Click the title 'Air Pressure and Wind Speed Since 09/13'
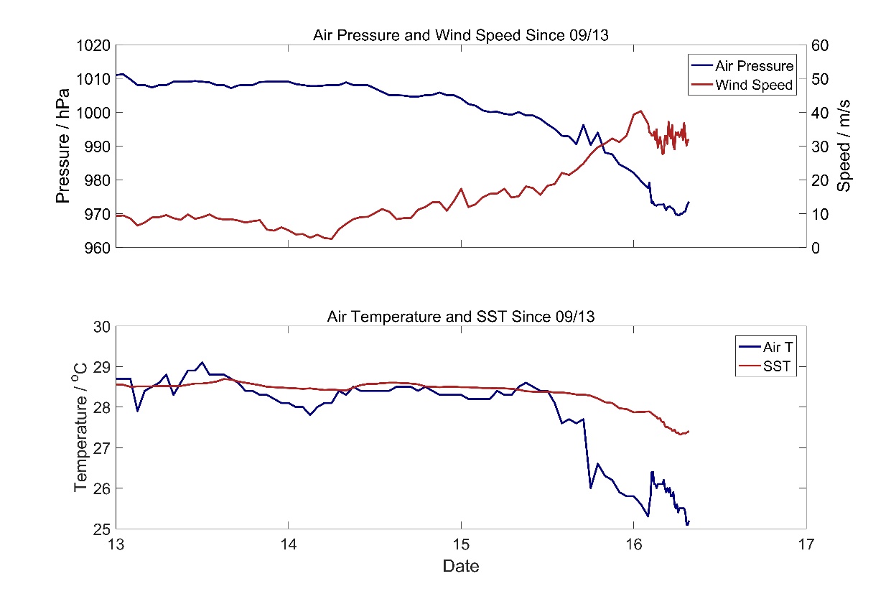tap(460, 35)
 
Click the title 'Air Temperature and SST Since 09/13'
tap(460, 316)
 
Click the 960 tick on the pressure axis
tap(97, 248)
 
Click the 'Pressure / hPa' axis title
tap(63, 147)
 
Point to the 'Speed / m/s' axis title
tap(844, 147)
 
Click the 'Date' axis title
tap(460, 566)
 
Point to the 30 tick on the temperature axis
tap(102, 327)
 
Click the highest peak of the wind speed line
tap(640, 111)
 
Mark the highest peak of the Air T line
tap(202, 362)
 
